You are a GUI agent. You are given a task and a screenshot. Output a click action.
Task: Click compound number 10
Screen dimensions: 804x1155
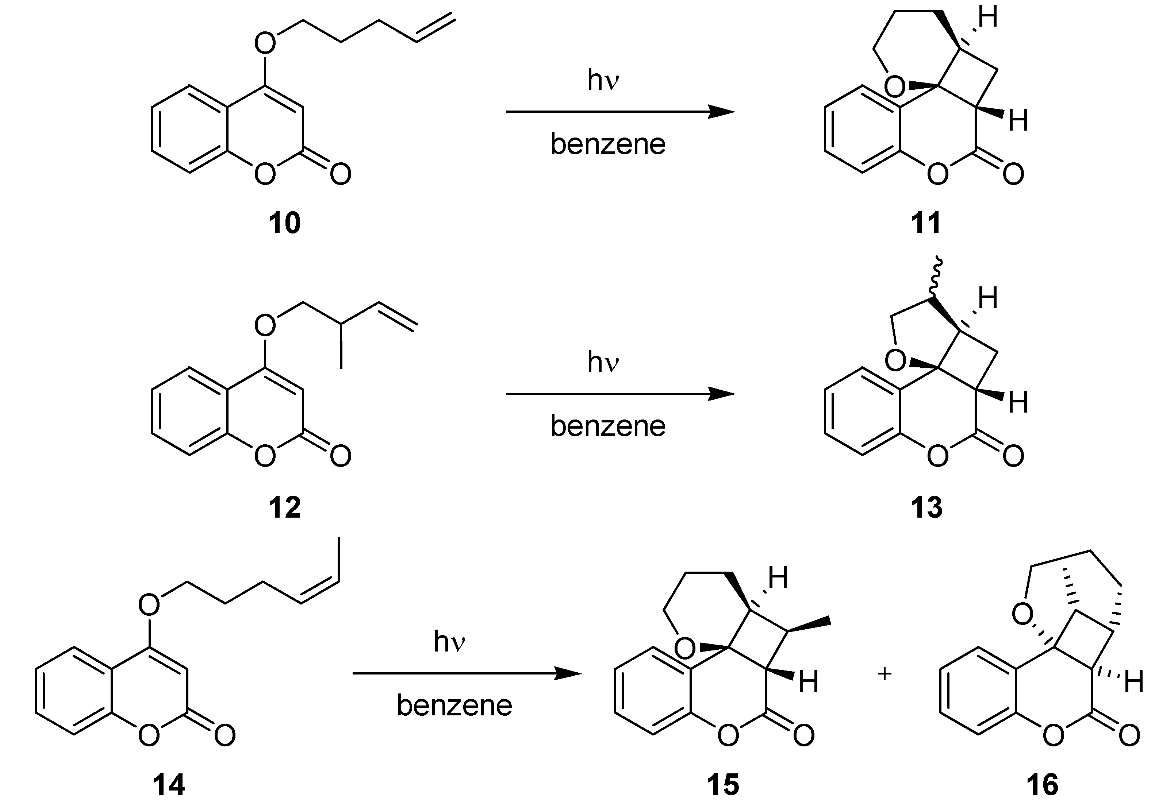(x=284, y=223)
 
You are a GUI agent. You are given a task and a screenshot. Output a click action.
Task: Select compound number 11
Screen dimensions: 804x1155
(x=926, y=223)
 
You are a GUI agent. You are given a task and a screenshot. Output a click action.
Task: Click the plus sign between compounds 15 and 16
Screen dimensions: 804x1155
(x=885, y=674)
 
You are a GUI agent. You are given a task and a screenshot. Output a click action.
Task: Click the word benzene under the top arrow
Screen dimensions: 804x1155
(x=608, y=144)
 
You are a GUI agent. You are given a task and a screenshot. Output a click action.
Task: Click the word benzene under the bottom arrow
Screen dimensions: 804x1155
(x=454, y=706)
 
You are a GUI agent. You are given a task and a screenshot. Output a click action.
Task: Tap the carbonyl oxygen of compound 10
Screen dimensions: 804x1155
(x=341, y=174)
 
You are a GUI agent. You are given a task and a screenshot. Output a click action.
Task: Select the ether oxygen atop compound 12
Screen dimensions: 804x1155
(x=265, y=325)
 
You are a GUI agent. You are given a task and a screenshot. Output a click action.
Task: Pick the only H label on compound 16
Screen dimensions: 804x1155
(x=1134, y=683)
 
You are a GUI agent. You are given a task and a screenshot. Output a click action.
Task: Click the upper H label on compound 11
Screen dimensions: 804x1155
(x=987, y=18)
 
